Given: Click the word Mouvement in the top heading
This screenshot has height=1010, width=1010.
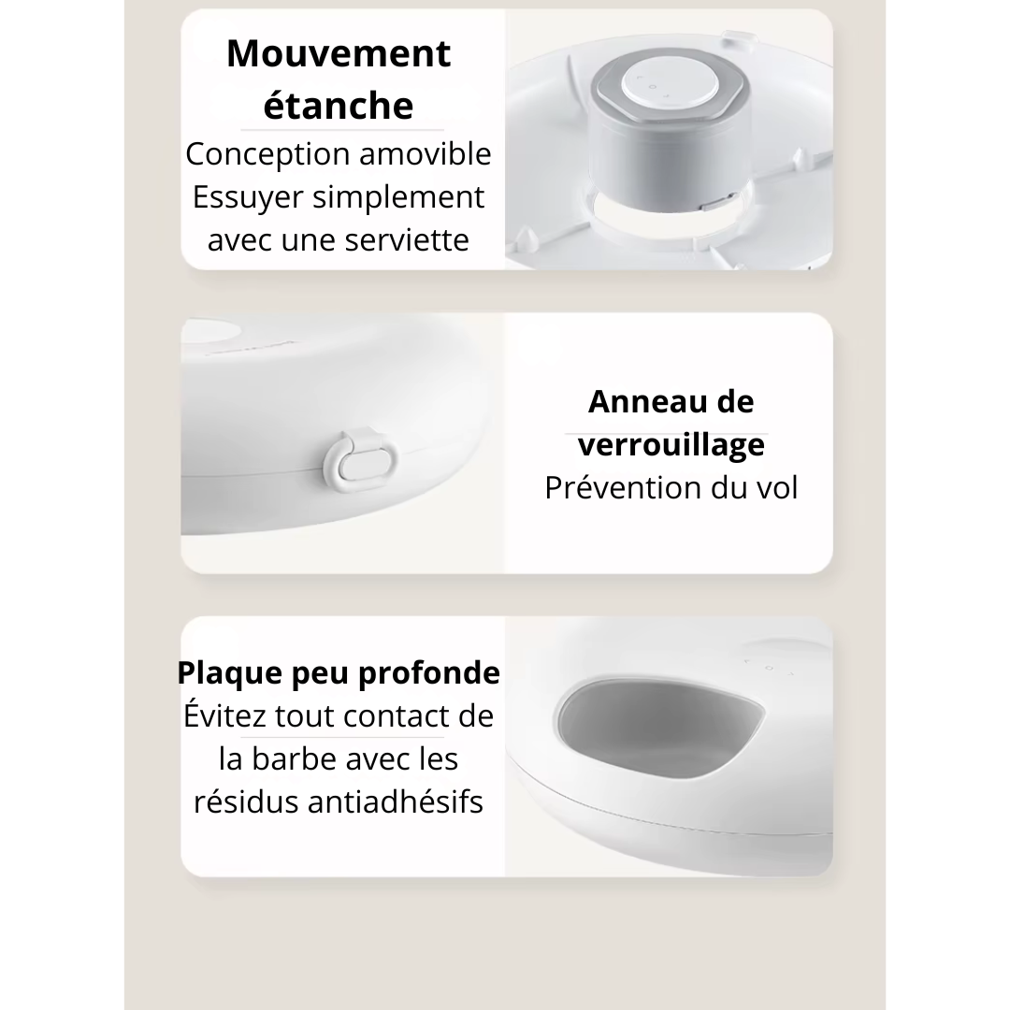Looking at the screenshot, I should coord(339,53).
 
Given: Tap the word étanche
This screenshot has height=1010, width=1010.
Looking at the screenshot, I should coord(339,106).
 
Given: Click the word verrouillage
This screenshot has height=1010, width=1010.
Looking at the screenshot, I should coord(671,445).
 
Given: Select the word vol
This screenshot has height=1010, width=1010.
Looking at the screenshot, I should coord(775,488).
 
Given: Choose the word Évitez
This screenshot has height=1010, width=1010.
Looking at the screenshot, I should coord(225,716).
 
